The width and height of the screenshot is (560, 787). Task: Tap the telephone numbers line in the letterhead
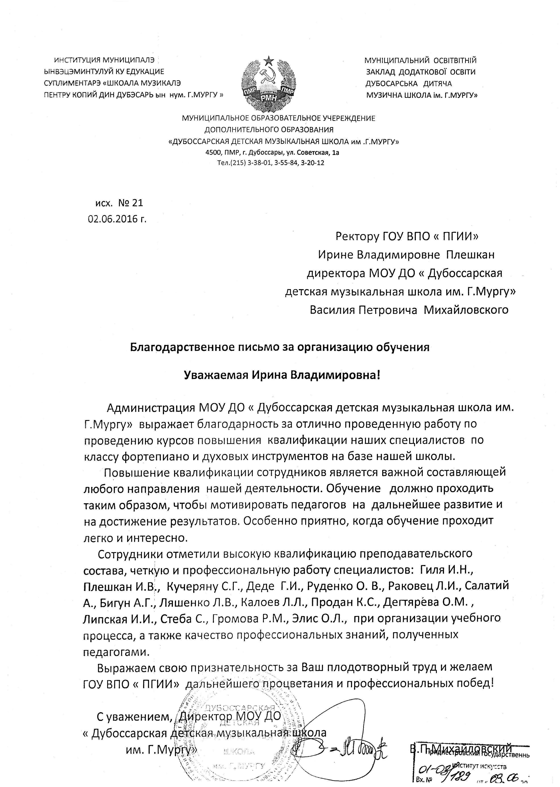(270, 163)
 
